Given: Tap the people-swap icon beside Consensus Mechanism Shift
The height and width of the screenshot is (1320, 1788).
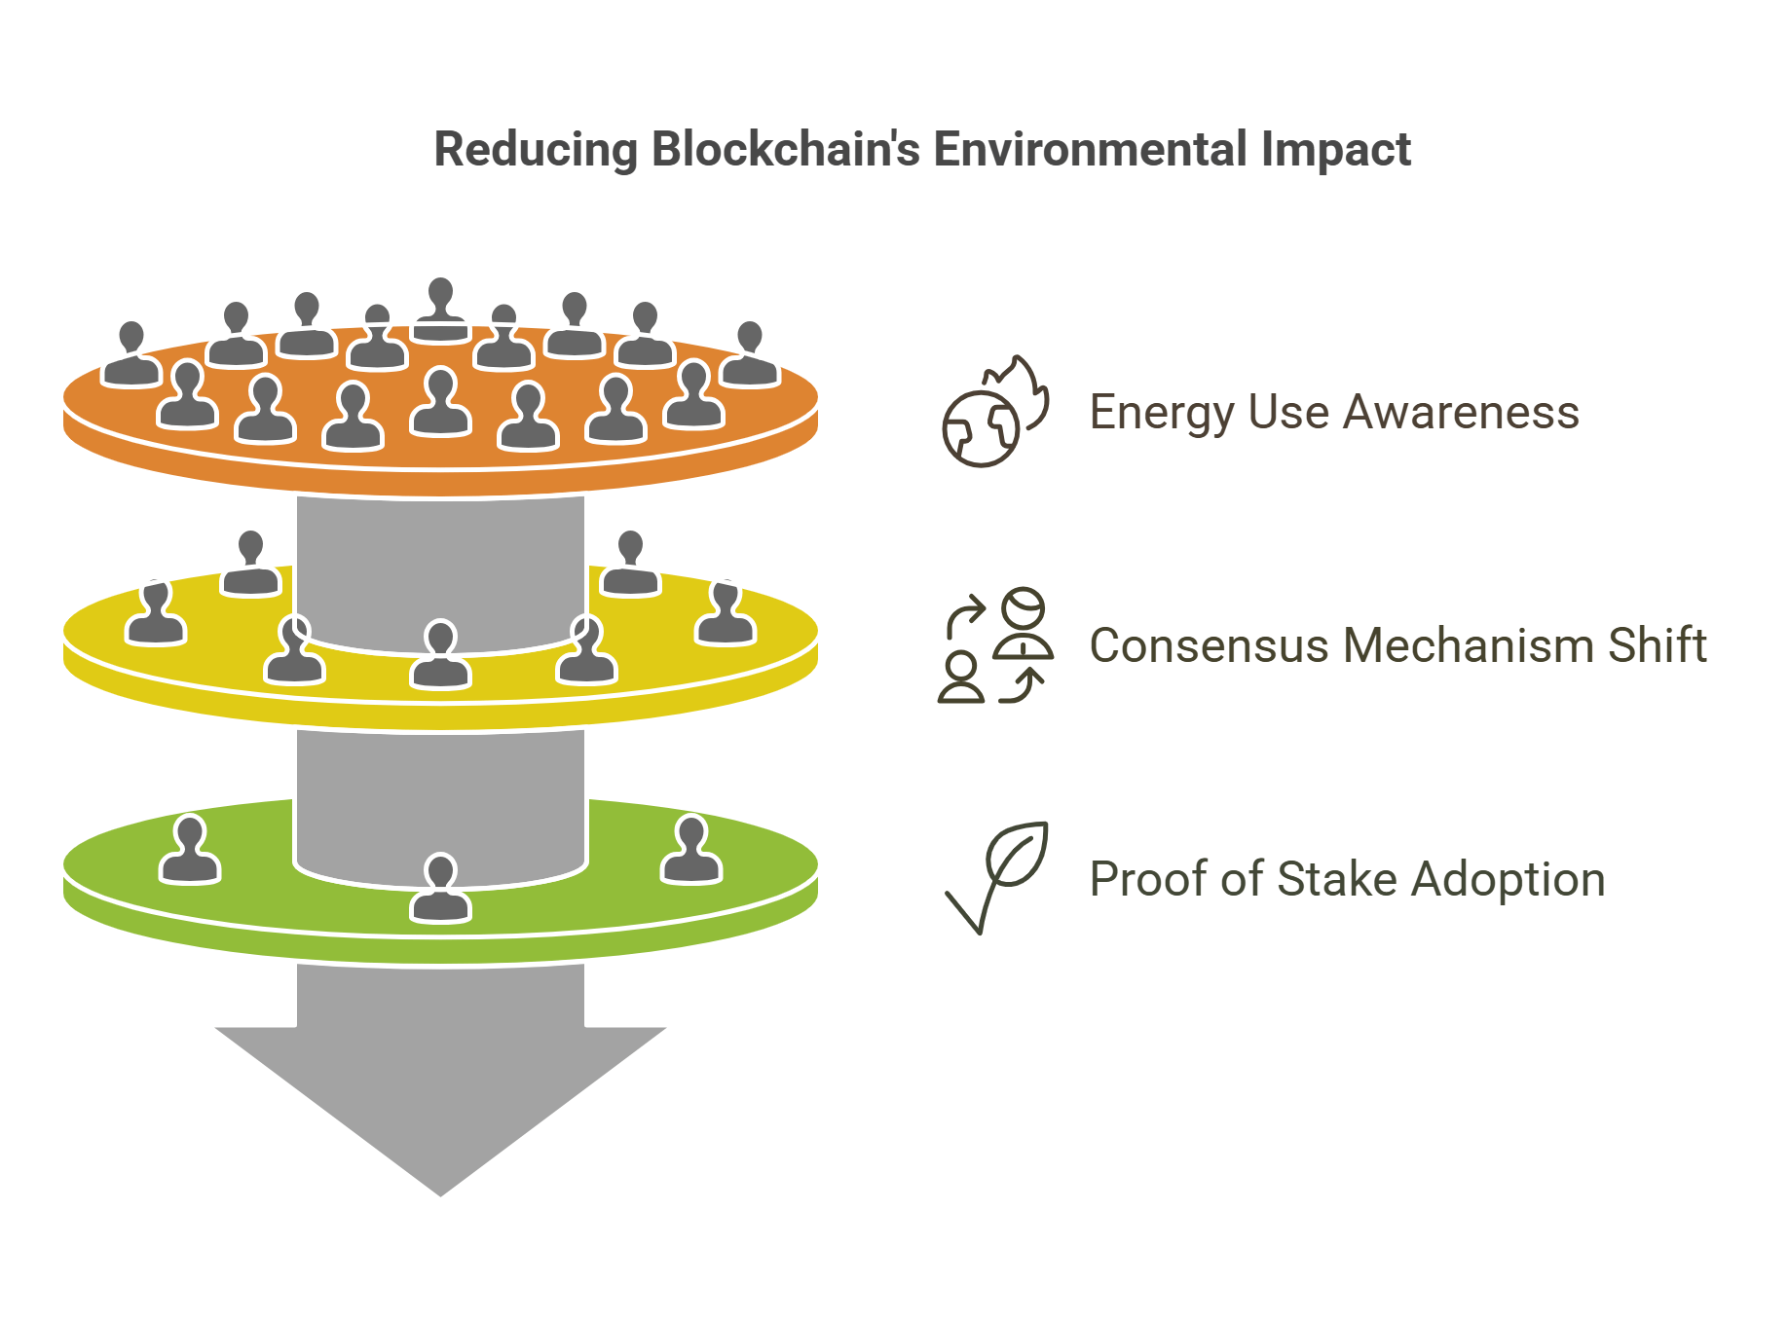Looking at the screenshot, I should tap(994, 645).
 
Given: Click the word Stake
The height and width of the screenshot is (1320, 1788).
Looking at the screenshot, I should tap(1336, 879).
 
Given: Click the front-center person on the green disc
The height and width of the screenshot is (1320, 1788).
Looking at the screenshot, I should tap(440, 890).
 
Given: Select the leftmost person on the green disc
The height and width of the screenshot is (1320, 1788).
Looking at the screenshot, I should tap(190, 851).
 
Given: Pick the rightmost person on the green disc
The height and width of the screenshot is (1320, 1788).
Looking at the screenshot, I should tap(691, 851).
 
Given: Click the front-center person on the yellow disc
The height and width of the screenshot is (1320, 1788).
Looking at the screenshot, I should tap(440, 656).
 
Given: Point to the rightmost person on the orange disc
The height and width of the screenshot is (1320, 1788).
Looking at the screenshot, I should tap(749, 356).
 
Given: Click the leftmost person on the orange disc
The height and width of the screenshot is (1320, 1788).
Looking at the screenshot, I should tap(131, 356).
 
